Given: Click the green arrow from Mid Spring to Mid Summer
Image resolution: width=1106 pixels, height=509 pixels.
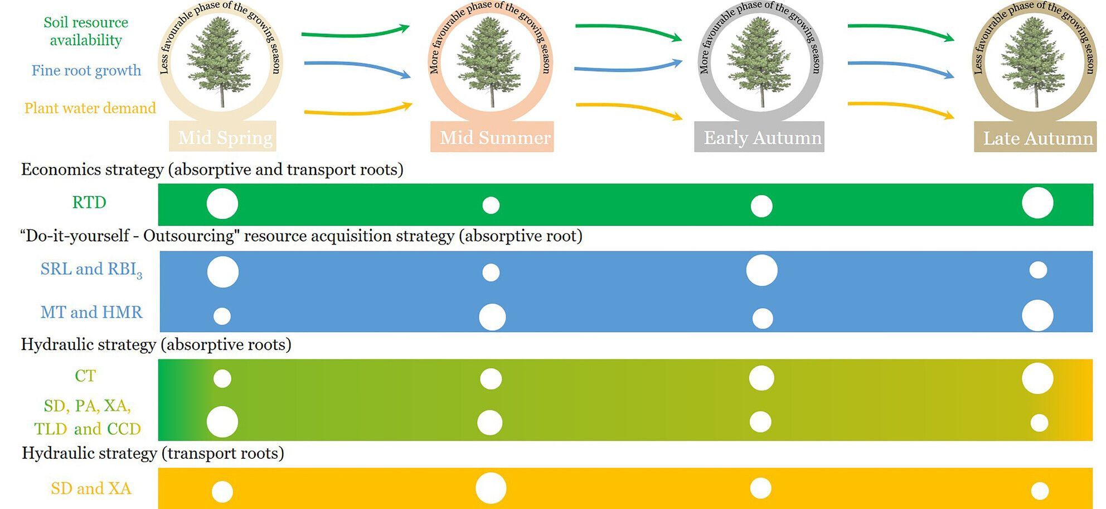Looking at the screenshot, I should click(x=355, y=32).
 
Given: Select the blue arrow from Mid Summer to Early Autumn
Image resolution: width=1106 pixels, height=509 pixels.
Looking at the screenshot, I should click(x=628, y=67).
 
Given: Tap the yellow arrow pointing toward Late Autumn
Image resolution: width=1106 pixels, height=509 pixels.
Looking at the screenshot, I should click(x=900, y=108).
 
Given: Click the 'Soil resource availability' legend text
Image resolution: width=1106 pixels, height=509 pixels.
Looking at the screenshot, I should click(x=86, y=31).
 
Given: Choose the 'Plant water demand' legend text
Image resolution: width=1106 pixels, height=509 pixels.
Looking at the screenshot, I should click(x=90, y=108).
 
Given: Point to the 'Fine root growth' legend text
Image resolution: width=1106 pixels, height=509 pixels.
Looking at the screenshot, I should click(x=86, y=70).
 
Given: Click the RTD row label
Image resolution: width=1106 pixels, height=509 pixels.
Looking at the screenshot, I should click(x=89, y=202).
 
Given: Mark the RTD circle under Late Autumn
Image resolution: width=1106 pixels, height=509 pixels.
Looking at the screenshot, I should click(x=1037, y=203).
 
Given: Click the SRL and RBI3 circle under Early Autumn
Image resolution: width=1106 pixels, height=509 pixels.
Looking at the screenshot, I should click(x=761, y=270).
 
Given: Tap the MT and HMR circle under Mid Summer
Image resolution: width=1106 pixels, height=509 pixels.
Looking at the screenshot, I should click(x=492, y=317).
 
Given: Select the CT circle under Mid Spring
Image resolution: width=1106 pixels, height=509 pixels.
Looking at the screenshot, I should click(x=222, y=378).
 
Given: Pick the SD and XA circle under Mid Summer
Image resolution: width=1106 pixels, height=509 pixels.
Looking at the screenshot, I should click(x=491, y=488).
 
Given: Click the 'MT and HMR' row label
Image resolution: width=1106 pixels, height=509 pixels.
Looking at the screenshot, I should click(x=91, y=312).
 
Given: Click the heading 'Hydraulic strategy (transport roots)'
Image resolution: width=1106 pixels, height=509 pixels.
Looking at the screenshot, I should click(x=153, y=453).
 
